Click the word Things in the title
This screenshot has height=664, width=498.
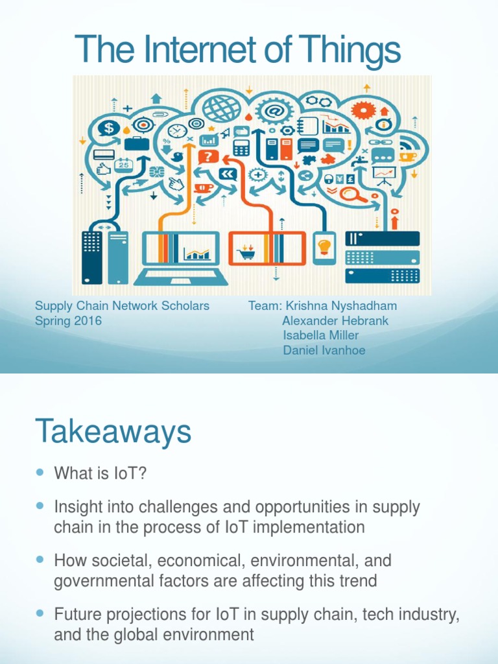351,51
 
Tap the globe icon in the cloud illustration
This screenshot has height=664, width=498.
221,106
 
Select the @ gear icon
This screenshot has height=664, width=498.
272,110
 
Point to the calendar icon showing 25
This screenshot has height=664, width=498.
123,164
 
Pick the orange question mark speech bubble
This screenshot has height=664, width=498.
207,156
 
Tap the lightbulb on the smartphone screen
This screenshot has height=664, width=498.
324,247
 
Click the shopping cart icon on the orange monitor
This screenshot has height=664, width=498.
246,252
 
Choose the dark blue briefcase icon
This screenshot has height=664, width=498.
137,142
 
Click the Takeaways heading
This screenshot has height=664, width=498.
113,431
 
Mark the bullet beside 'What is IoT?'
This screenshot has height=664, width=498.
40,473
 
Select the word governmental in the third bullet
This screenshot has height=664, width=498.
110,580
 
